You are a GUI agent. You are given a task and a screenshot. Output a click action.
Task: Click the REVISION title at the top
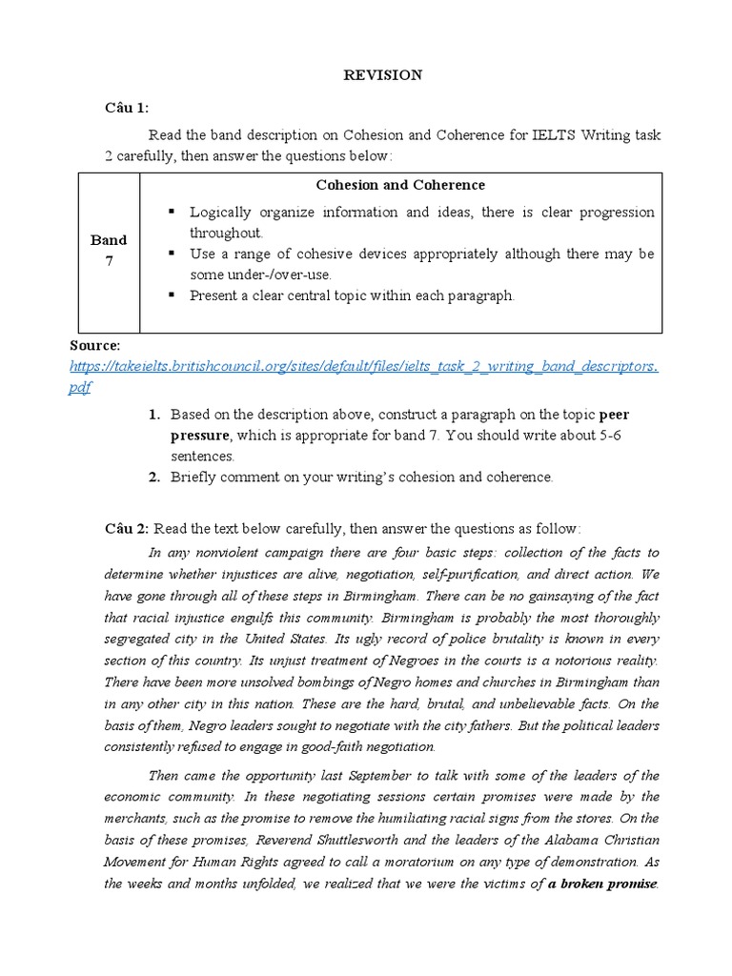pyautogui.click(x=382, y=75)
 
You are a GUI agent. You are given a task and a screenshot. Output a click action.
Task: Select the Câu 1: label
pyautogui.click(x=126, y=108)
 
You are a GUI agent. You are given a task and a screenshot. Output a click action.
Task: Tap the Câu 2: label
pyautogui.click(x=126, y=528)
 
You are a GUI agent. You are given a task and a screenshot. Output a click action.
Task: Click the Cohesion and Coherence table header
pyautogui.click(x=400, y=185)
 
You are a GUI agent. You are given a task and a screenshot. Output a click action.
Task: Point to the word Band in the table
pyautogui.click(x=109, y=240)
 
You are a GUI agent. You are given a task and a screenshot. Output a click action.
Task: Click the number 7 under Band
pyautogui.click(x=109, y=261)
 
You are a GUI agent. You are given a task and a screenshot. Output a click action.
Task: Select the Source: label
pyautogui.click(x=95, y=345)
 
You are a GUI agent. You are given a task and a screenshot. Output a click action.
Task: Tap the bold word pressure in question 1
pyautogui.click(x=200, y=436)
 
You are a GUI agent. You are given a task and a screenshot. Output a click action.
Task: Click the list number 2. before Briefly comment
pyautogui.click(x=153, y=478)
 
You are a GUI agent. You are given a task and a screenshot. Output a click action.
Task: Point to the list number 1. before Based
pyautogui.click(x=153, y=415)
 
